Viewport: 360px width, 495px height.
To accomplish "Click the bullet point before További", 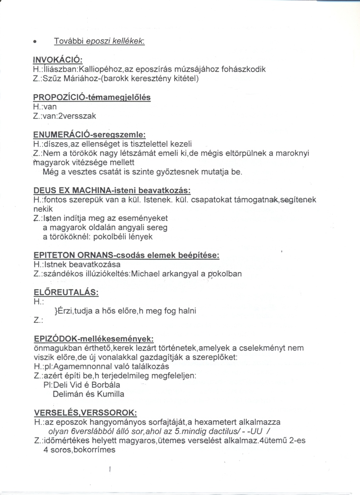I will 35,43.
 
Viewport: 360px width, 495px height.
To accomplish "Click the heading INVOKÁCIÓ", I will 58,60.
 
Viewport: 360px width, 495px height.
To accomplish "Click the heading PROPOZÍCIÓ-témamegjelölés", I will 92,98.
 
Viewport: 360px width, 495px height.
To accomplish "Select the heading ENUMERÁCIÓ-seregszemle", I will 90,134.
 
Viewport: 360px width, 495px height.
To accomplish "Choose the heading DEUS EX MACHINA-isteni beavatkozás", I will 112,190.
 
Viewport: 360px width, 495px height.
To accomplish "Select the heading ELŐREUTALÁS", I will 66,292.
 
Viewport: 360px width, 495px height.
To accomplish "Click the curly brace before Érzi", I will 57,311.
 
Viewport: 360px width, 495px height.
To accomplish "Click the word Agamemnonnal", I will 99,366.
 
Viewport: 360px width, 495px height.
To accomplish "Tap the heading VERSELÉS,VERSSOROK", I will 85,413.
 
